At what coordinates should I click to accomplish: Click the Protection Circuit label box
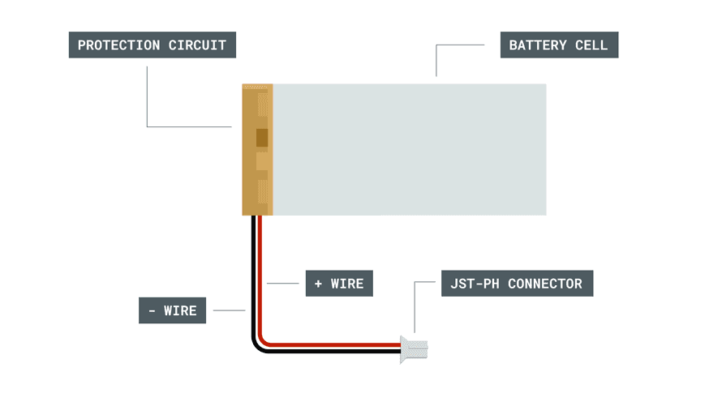click(x=152, y=45)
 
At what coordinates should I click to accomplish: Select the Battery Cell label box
click(x=559, y=45)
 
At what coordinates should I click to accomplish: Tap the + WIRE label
click(x=339, y=284)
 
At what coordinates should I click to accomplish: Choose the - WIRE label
click(x=173, y=310)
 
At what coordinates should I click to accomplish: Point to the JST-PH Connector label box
click(x=517, y=284)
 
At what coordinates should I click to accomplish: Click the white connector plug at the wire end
click(x=415, y=348)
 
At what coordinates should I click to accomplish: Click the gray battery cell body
click(x=410, y=149)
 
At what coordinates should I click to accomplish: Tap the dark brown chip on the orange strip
click(x=262, y=139)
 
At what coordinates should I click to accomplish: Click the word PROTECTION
click(x=118, y=45)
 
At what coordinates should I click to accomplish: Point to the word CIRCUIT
click(x=197, y=45)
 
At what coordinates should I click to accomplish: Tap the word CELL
click(x=591, y=45)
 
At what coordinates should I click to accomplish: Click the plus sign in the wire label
click(x=318, y=284)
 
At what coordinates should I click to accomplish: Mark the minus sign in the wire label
click(x=152, y=310)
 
